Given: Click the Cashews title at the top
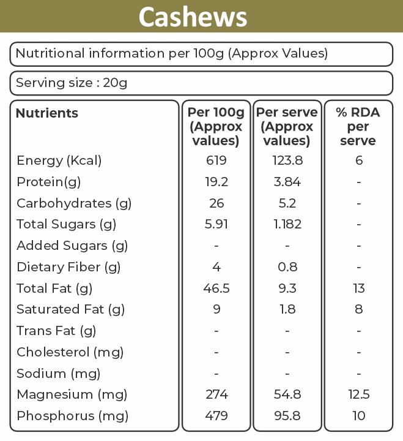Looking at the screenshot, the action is (x=193, y=17).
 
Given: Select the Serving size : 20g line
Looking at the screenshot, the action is (x=72, y=83).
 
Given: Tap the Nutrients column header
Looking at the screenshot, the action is (x=47, y=113).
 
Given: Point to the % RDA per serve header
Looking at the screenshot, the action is (x=358, y=126).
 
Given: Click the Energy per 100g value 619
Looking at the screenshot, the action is (x=216, y=160).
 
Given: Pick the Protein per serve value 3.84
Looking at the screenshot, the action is (x=287, y=182).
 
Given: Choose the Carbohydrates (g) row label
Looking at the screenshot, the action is (x=74, y=203).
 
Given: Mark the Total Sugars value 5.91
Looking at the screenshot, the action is (x=216, y=224).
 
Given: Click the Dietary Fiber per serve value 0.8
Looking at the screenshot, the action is (x=287, y=267).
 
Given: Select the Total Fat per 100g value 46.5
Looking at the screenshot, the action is (x=216, y=288).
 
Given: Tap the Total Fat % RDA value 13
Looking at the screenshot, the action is (x=359, y=288).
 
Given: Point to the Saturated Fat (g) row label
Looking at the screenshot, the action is (x=70, y=309).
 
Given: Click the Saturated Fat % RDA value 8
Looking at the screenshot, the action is (x=359, y=309).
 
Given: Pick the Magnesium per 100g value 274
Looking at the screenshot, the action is (x=216, y=394).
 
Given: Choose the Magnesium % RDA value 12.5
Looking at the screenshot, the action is (x=359, y=394).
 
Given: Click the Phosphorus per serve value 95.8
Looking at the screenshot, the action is (x=287, y=416).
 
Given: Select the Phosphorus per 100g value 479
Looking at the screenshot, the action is (x=216, y=416).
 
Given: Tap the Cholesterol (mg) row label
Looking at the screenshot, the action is (x=70, y=352).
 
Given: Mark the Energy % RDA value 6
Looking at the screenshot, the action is (x=359, y=160).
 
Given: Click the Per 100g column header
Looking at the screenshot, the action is (x=216, y=126).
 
